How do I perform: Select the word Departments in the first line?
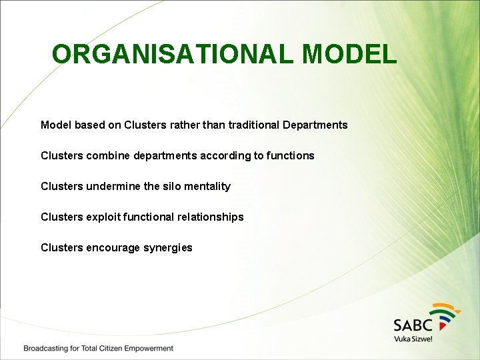pos(315,125)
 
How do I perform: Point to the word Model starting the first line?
pos(56,125)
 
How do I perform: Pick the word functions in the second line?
pos(290,155)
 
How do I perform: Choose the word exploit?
pos(105,217)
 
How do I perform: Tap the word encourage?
pos(113,247)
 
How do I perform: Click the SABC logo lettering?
pos(413,325)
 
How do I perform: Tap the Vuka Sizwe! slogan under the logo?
pos(413,339)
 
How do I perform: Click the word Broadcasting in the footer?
pos(45,348)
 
